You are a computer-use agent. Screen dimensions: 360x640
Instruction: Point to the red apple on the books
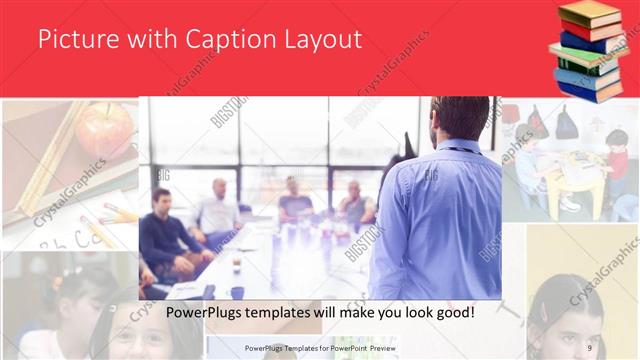pos(104,130)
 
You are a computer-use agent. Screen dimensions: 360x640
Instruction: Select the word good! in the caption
pos(452,312)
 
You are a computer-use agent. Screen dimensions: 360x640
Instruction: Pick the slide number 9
pos(589,347)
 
